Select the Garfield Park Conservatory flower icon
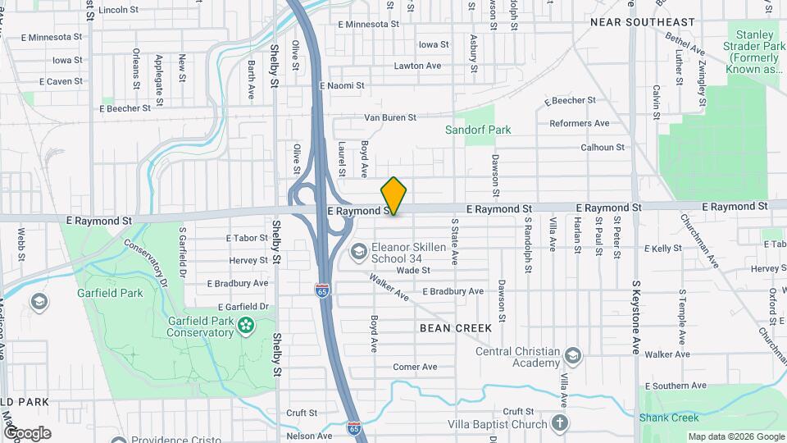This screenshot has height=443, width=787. coord(245,327)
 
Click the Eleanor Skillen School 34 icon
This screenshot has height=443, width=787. coord(358,250)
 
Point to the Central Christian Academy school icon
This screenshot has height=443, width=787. coord(572,356)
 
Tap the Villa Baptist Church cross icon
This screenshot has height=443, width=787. coord(559,424)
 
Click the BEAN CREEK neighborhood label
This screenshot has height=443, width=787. coord(456,328)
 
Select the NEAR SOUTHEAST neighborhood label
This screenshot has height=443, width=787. coord(643,22)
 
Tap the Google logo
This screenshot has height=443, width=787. coord(27,433)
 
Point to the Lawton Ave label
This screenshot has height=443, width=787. coord(417,66)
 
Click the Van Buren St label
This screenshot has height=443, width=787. coord(390,117)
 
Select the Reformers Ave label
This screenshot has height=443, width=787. coord(580,123)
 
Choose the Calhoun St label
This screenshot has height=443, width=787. coord(603,148)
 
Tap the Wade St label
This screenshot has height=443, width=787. coord(413,270)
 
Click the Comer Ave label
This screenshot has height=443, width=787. coord(415,367)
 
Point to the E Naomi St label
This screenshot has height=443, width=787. coord(342,85)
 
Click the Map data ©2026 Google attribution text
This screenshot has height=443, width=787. coord(735,436)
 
